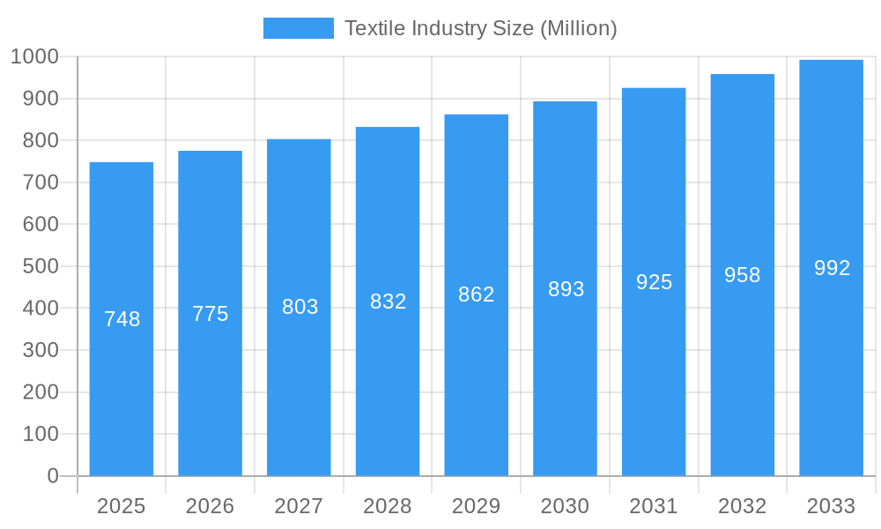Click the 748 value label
(122, 319)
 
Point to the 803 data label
(300, 307)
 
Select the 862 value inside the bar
(477, 294)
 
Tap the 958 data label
(743, 275)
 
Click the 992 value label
(832, 268)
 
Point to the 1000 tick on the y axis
(34, 56)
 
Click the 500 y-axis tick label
(41, 266)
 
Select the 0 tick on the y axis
(53, 476)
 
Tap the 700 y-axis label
(41, 183)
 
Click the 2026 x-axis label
(211, 506)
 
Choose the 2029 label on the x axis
(477, 506)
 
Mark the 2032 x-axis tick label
(743, 506)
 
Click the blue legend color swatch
(299, 28)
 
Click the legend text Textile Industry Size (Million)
(480, 28)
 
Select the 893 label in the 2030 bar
(566, 289)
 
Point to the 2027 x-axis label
(300, 506)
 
